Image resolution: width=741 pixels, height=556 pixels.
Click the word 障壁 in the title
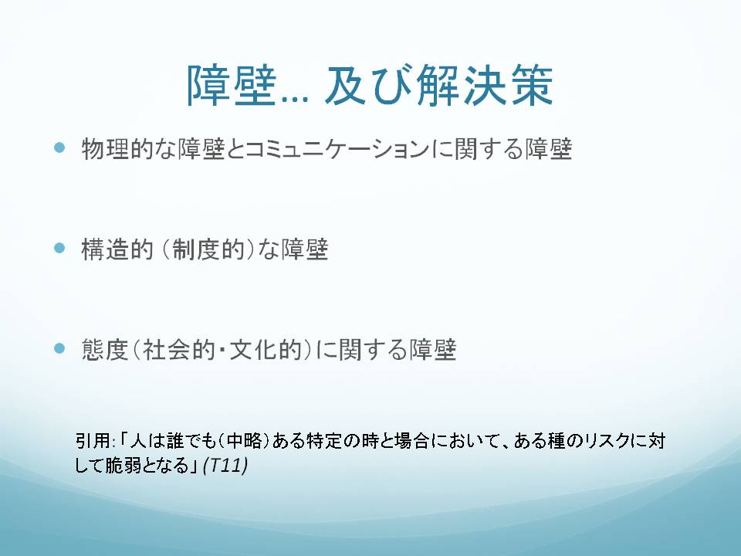tap(231, 86)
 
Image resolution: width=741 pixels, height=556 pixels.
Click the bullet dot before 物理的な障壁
tap(59, 147)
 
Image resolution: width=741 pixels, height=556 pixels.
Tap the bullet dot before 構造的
tap(59, 248)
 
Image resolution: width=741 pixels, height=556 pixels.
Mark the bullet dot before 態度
tap(59, 348)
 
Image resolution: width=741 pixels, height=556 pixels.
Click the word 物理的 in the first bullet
tap(117, 149)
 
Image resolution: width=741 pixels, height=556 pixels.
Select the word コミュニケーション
tap(337, 149)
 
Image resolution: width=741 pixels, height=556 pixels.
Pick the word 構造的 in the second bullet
tap(117, 249)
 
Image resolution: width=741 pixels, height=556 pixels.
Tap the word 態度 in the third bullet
tap(105, 350)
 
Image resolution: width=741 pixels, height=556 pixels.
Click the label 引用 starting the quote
tap(93, 441)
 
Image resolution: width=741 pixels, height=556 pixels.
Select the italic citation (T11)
tap(225, 465)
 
